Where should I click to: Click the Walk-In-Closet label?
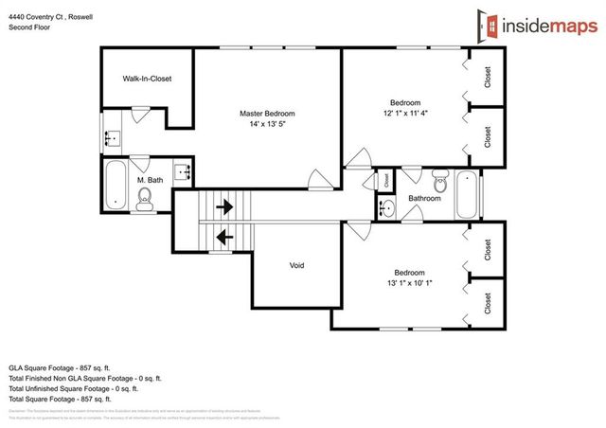[x=147, y=79]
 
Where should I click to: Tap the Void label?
[x=296, y=265]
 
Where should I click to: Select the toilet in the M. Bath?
[x=145, y=197]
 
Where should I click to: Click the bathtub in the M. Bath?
[x=114, y=186]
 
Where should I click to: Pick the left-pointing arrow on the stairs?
[x=224, y=237]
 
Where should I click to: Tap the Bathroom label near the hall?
[x=423, y=198]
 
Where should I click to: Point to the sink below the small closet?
[x=387, y=207]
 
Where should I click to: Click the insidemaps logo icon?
[x=484, y=28]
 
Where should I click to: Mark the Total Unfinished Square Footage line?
[x=73, y=388]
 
